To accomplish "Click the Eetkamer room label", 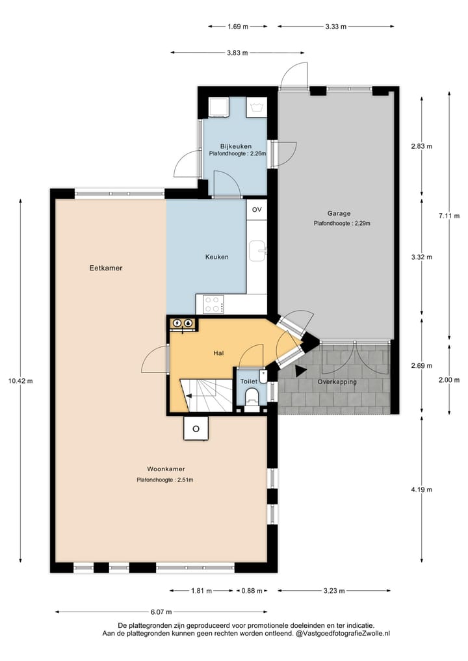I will pyautogui.click(x=107, y=268).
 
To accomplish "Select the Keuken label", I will pyautogui.click(x=216, y=257).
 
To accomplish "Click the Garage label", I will pyautogui.click(x=339, y=213).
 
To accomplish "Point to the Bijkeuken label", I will pyautogui.click(x=235, y=146).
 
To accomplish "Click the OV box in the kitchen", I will pyautogui.click(x=257, y=209).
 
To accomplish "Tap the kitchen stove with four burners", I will pyautogui.click(x=214, y=304).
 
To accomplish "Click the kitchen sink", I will pyautogui.click(x=258, y=250).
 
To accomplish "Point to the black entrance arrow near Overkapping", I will pyautogui.click(x=300, y=370).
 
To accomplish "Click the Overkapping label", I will pyautogui.click(x=337, y=382).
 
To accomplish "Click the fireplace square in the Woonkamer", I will pyautogui.click(x=196, y=428).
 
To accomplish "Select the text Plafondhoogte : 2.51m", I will pyautogui.click(x=164, y=480).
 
